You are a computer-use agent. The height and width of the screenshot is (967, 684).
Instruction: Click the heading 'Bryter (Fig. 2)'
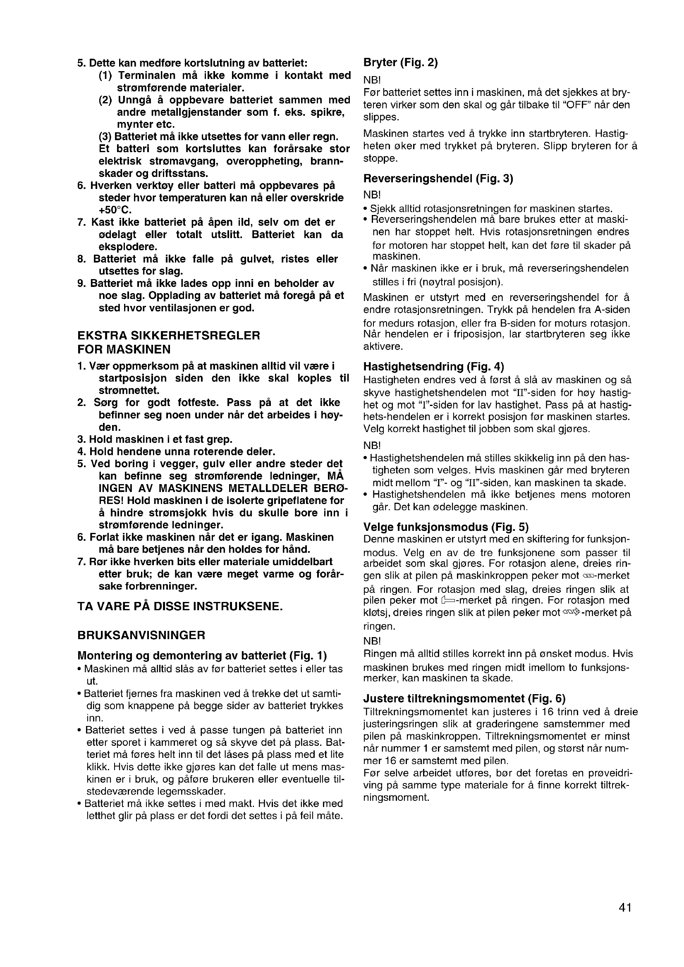pyautogui.click(x=401, y=63)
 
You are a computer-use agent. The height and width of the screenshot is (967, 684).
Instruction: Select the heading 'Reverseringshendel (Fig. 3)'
pyautogui.click(x=438, y=179)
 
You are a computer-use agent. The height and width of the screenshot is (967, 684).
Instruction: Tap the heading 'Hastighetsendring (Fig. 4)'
pyautogui.click(x=433, y=366)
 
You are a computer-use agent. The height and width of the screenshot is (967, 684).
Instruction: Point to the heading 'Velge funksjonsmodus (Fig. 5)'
pyautogui.click(x=446, y=527)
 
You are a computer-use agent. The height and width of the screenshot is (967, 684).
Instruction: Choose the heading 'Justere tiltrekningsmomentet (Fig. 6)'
pyautogui.click(x=464, y=699)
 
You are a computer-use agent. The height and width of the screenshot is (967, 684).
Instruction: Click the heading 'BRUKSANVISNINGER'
pyautogui.click(x=141, y=635)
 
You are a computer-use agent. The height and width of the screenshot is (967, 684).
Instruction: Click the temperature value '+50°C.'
pyautogui.click(x=115, y=210)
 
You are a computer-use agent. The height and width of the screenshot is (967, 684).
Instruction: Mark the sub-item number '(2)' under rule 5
pyautogui.click(x=105, y=100)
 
